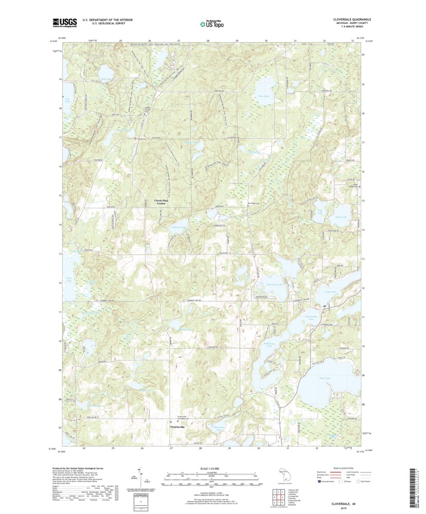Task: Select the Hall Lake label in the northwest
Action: pos(106,78)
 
